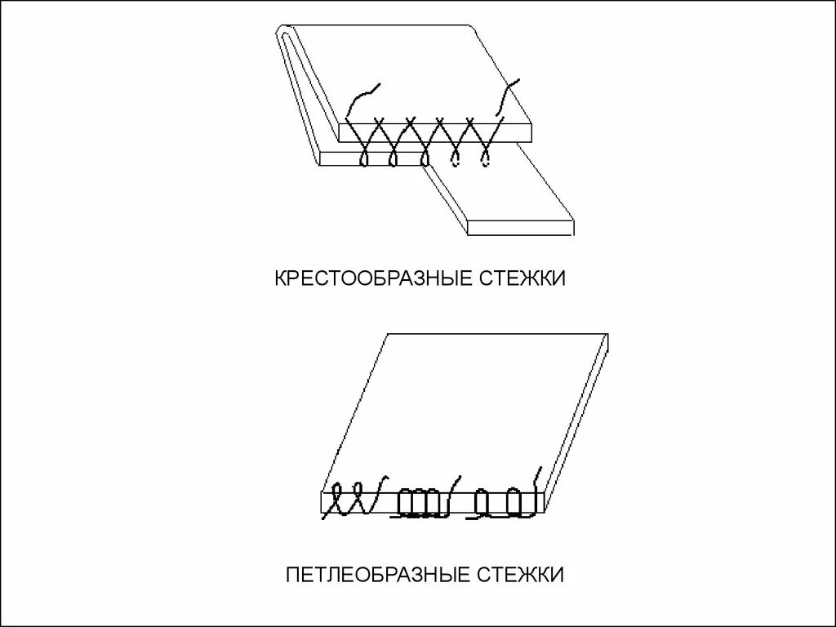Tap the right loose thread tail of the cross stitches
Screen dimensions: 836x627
point(506,96)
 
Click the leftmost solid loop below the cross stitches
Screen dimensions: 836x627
point(365,155)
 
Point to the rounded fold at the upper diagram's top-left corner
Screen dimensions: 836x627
point(281,34)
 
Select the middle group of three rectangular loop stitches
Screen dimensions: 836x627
point(421,503)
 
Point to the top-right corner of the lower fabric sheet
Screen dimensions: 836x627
point(608,335)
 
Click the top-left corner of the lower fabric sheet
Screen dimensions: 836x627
point(391,335)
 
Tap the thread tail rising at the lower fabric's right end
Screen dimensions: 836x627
point(537,477)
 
